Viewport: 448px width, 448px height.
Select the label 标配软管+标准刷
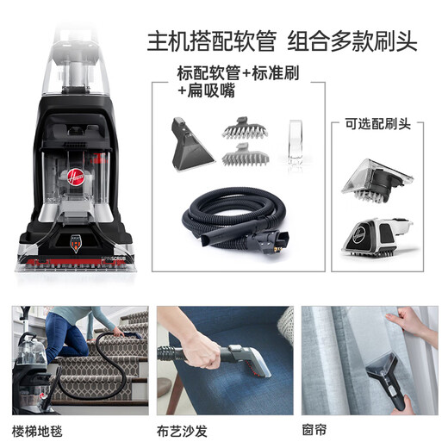point(233,72)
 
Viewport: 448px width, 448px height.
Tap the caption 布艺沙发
point(188,428)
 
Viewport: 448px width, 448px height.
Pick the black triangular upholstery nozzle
point(191,145)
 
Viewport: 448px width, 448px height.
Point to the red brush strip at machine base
point(73,258)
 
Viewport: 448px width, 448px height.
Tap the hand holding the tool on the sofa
point(201,349)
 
